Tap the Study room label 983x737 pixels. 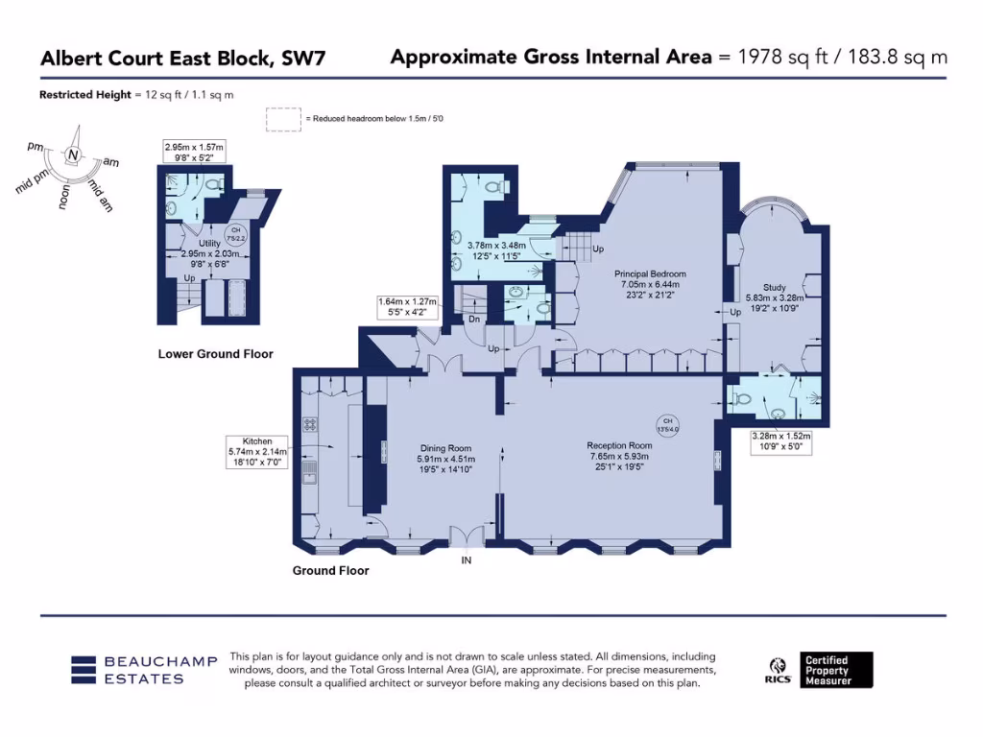774,287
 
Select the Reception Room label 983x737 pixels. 619,445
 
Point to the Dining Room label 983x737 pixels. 445,448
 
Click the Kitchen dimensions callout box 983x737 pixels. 251,452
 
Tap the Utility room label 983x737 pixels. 208,244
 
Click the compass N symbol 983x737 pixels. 73,155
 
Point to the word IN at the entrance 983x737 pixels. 467,560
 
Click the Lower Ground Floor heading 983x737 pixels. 215,354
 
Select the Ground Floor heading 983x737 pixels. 330,570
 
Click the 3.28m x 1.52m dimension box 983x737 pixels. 780,441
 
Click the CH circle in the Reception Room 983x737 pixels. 667,424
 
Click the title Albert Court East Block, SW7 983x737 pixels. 182,59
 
